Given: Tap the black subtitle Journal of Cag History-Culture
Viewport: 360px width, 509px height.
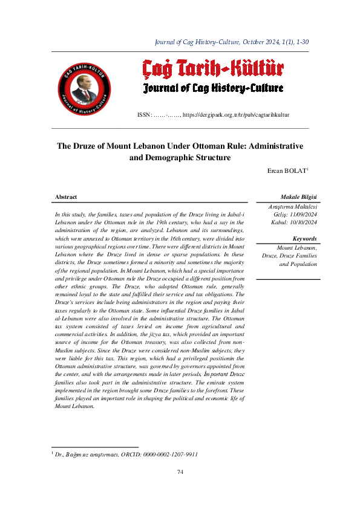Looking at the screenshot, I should coord(213,89).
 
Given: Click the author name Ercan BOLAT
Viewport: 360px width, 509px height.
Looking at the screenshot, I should coord(287,171).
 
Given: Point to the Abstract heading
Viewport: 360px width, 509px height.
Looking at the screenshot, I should coord(66,197).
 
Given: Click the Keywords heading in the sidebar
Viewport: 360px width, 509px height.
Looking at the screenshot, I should coord(304,239).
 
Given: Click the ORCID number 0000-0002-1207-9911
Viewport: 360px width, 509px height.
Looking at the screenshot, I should coord(169,453).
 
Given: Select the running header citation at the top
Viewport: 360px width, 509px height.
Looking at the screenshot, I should coord(232,42).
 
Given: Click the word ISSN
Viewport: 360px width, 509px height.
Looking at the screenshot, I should coord(145,114).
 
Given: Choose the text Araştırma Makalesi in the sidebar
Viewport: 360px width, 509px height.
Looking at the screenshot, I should coord(293,207).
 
